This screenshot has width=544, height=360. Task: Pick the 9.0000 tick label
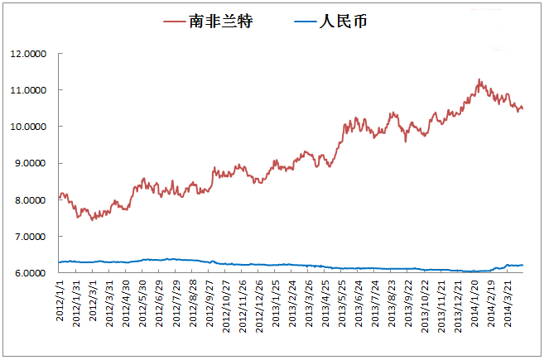(x=31, y=163)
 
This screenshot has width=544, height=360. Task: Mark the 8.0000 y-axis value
(x=31, y=200)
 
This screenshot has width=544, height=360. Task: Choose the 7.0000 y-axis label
(x=31, y=237)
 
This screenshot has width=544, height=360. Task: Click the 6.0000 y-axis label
(x=31, y=273)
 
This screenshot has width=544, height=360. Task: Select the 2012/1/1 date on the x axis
(x=60, y=300)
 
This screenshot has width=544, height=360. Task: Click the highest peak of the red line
(x=479, y=79)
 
